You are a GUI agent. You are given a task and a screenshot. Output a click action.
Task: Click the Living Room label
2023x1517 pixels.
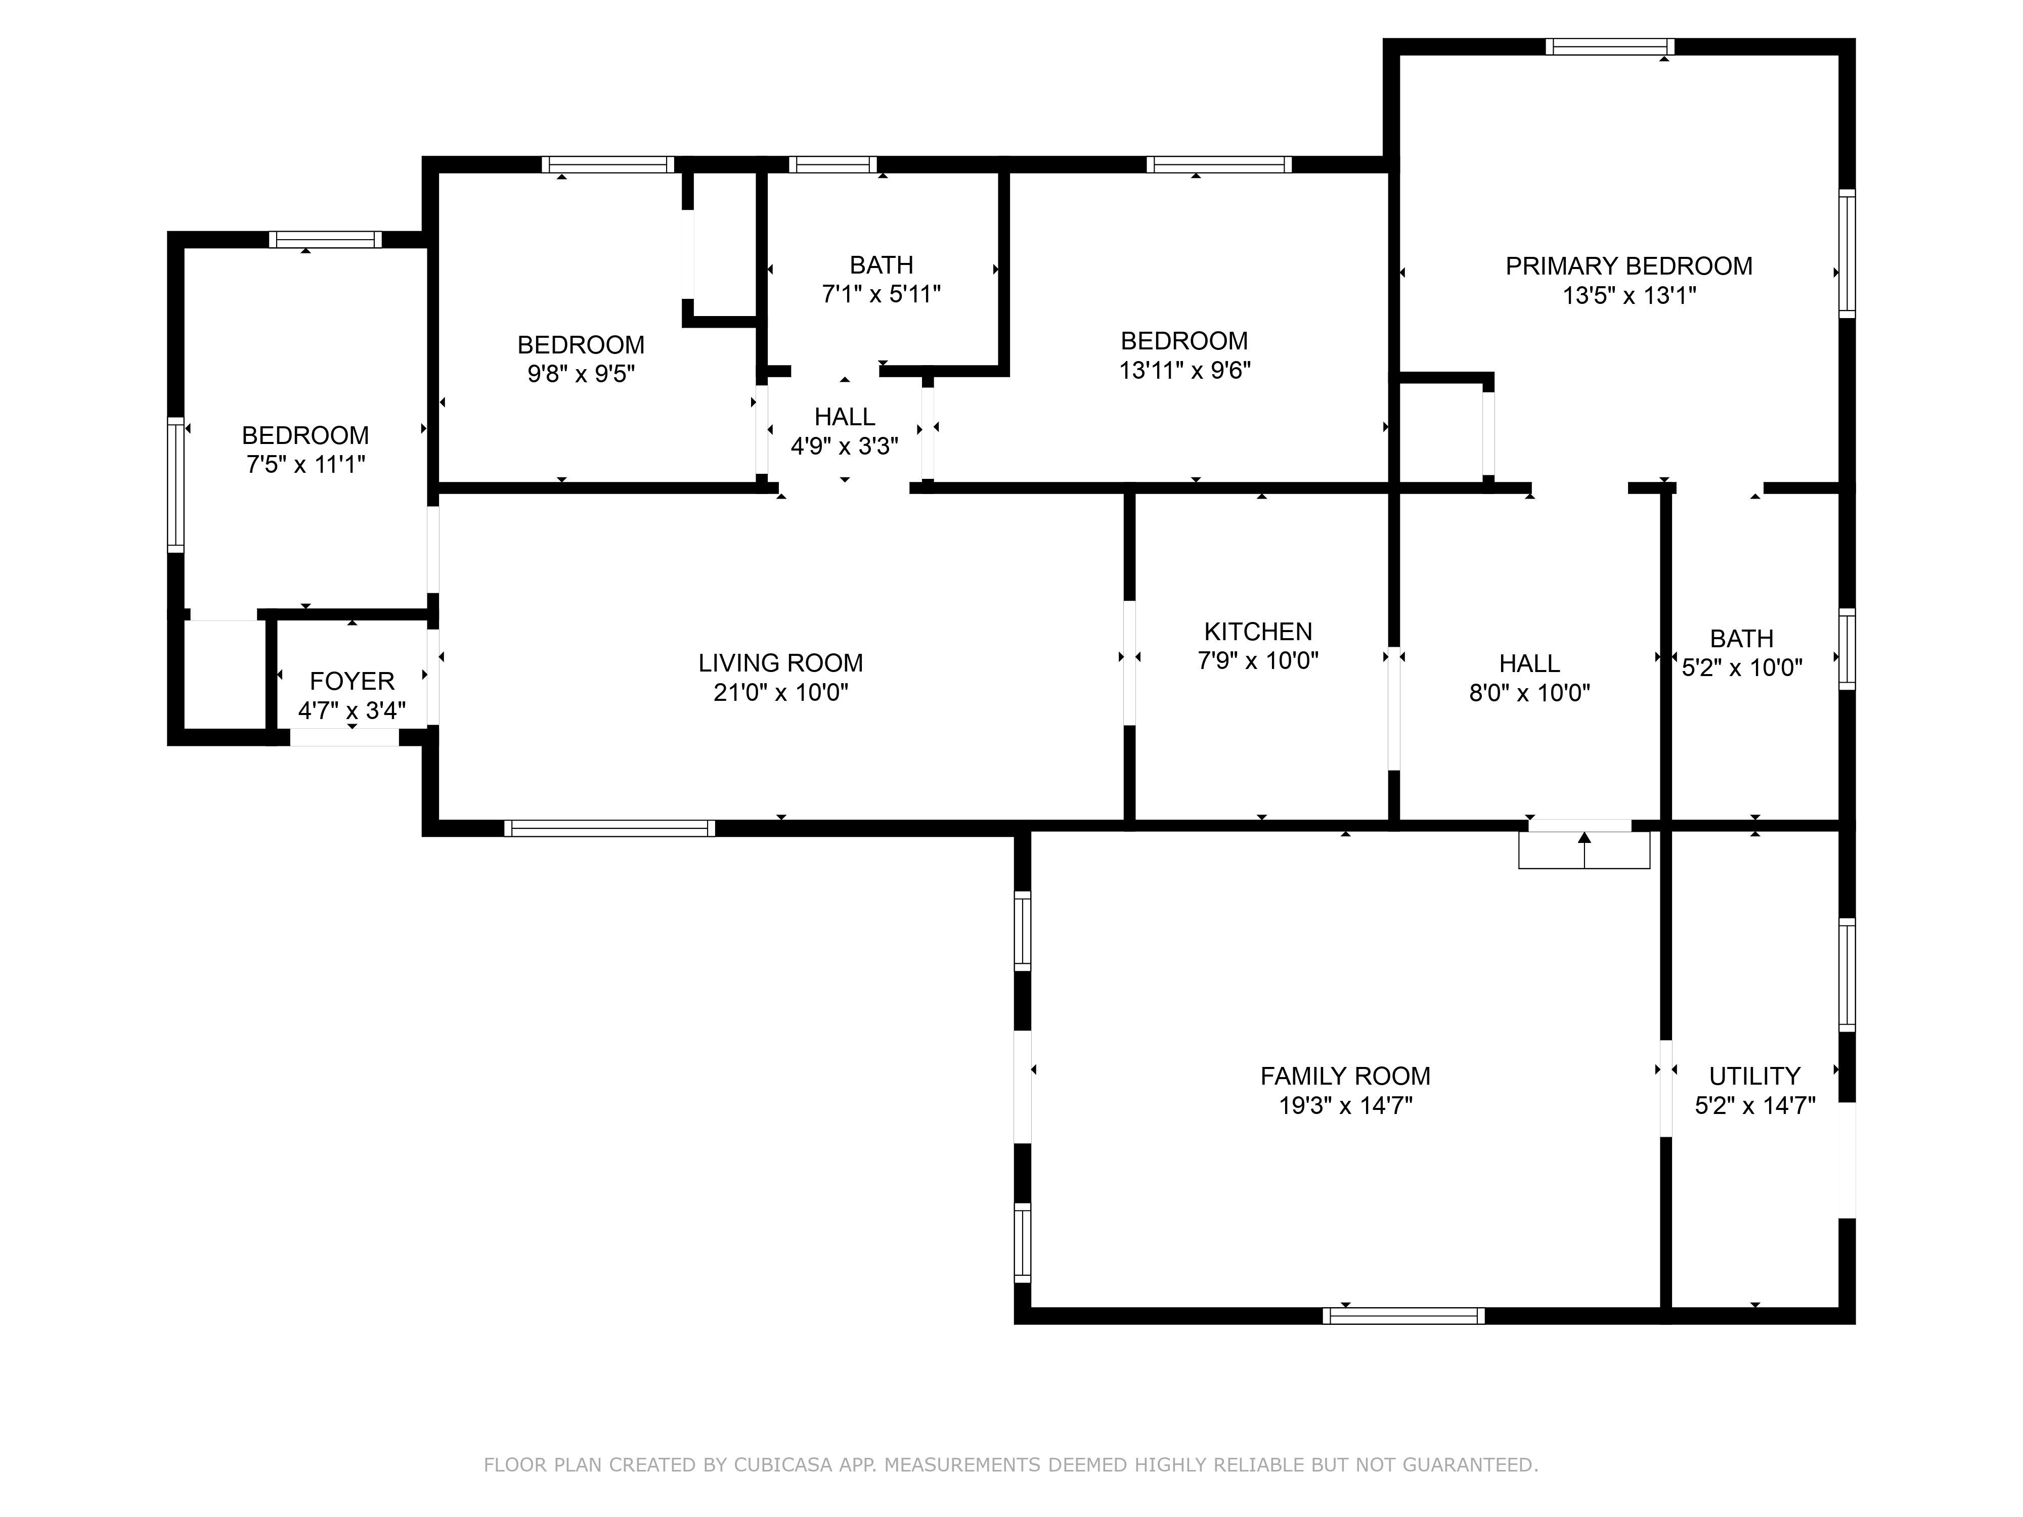tap(780, 663)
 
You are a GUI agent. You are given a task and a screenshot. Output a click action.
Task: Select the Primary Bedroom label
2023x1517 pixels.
tap(1629, 266)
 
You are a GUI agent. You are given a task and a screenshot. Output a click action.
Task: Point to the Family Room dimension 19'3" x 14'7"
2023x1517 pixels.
tap(1345, 1105)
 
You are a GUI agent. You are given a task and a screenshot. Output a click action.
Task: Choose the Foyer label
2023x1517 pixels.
tap(352, 681)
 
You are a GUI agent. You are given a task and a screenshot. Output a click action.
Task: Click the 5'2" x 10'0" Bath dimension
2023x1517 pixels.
tap(1742, 667)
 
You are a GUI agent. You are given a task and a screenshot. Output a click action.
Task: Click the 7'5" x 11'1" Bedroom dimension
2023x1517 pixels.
tap(305, 465)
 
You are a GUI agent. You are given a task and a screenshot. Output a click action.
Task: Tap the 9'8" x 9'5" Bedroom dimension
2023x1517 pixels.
tap(581, 374)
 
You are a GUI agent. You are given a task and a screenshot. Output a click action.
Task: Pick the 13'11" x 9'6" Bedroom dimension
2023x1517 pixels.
tap(1184, 370)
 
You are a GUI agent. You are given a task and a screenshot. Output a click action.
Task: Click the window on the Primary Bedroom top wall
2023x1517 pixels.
tap(1610, 47)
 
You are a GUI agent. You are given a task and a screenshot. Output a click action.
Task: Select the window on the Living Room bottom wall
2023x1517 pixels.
tap(609, 828)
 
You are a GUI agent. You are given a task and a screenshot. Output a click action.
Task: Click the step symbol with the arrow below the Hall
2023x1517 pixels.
tap(1584, 850)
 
